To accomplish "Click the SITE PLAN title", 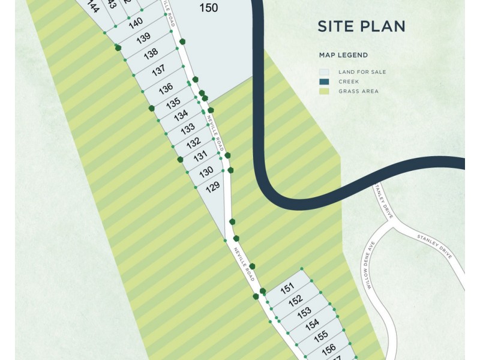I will click(361, 26).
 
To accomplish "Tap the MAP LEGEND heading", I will click(343, 55).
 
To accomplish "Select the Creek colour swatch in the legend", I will click(324, 82).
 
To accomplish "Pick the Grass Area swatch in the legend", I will click(324, 91).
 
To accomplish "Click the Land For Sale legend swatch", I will click(324, 72).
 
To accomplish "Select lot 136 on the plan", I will click(166, 89).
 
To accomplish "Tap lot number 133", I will click(187, 129).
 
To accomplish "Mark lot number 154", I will click(312, 325).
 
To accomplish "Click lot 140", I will click(136, 23).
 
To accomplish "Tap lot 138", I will click(151, 53).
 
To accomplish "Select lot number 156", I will click(328, 349).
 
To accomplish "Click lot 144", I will click(92, 7).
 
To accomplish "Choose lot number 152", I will click(295, 299).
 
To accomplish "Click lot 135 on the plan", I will click(173, 103).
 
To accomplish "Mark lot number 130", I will click(206, 172).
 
